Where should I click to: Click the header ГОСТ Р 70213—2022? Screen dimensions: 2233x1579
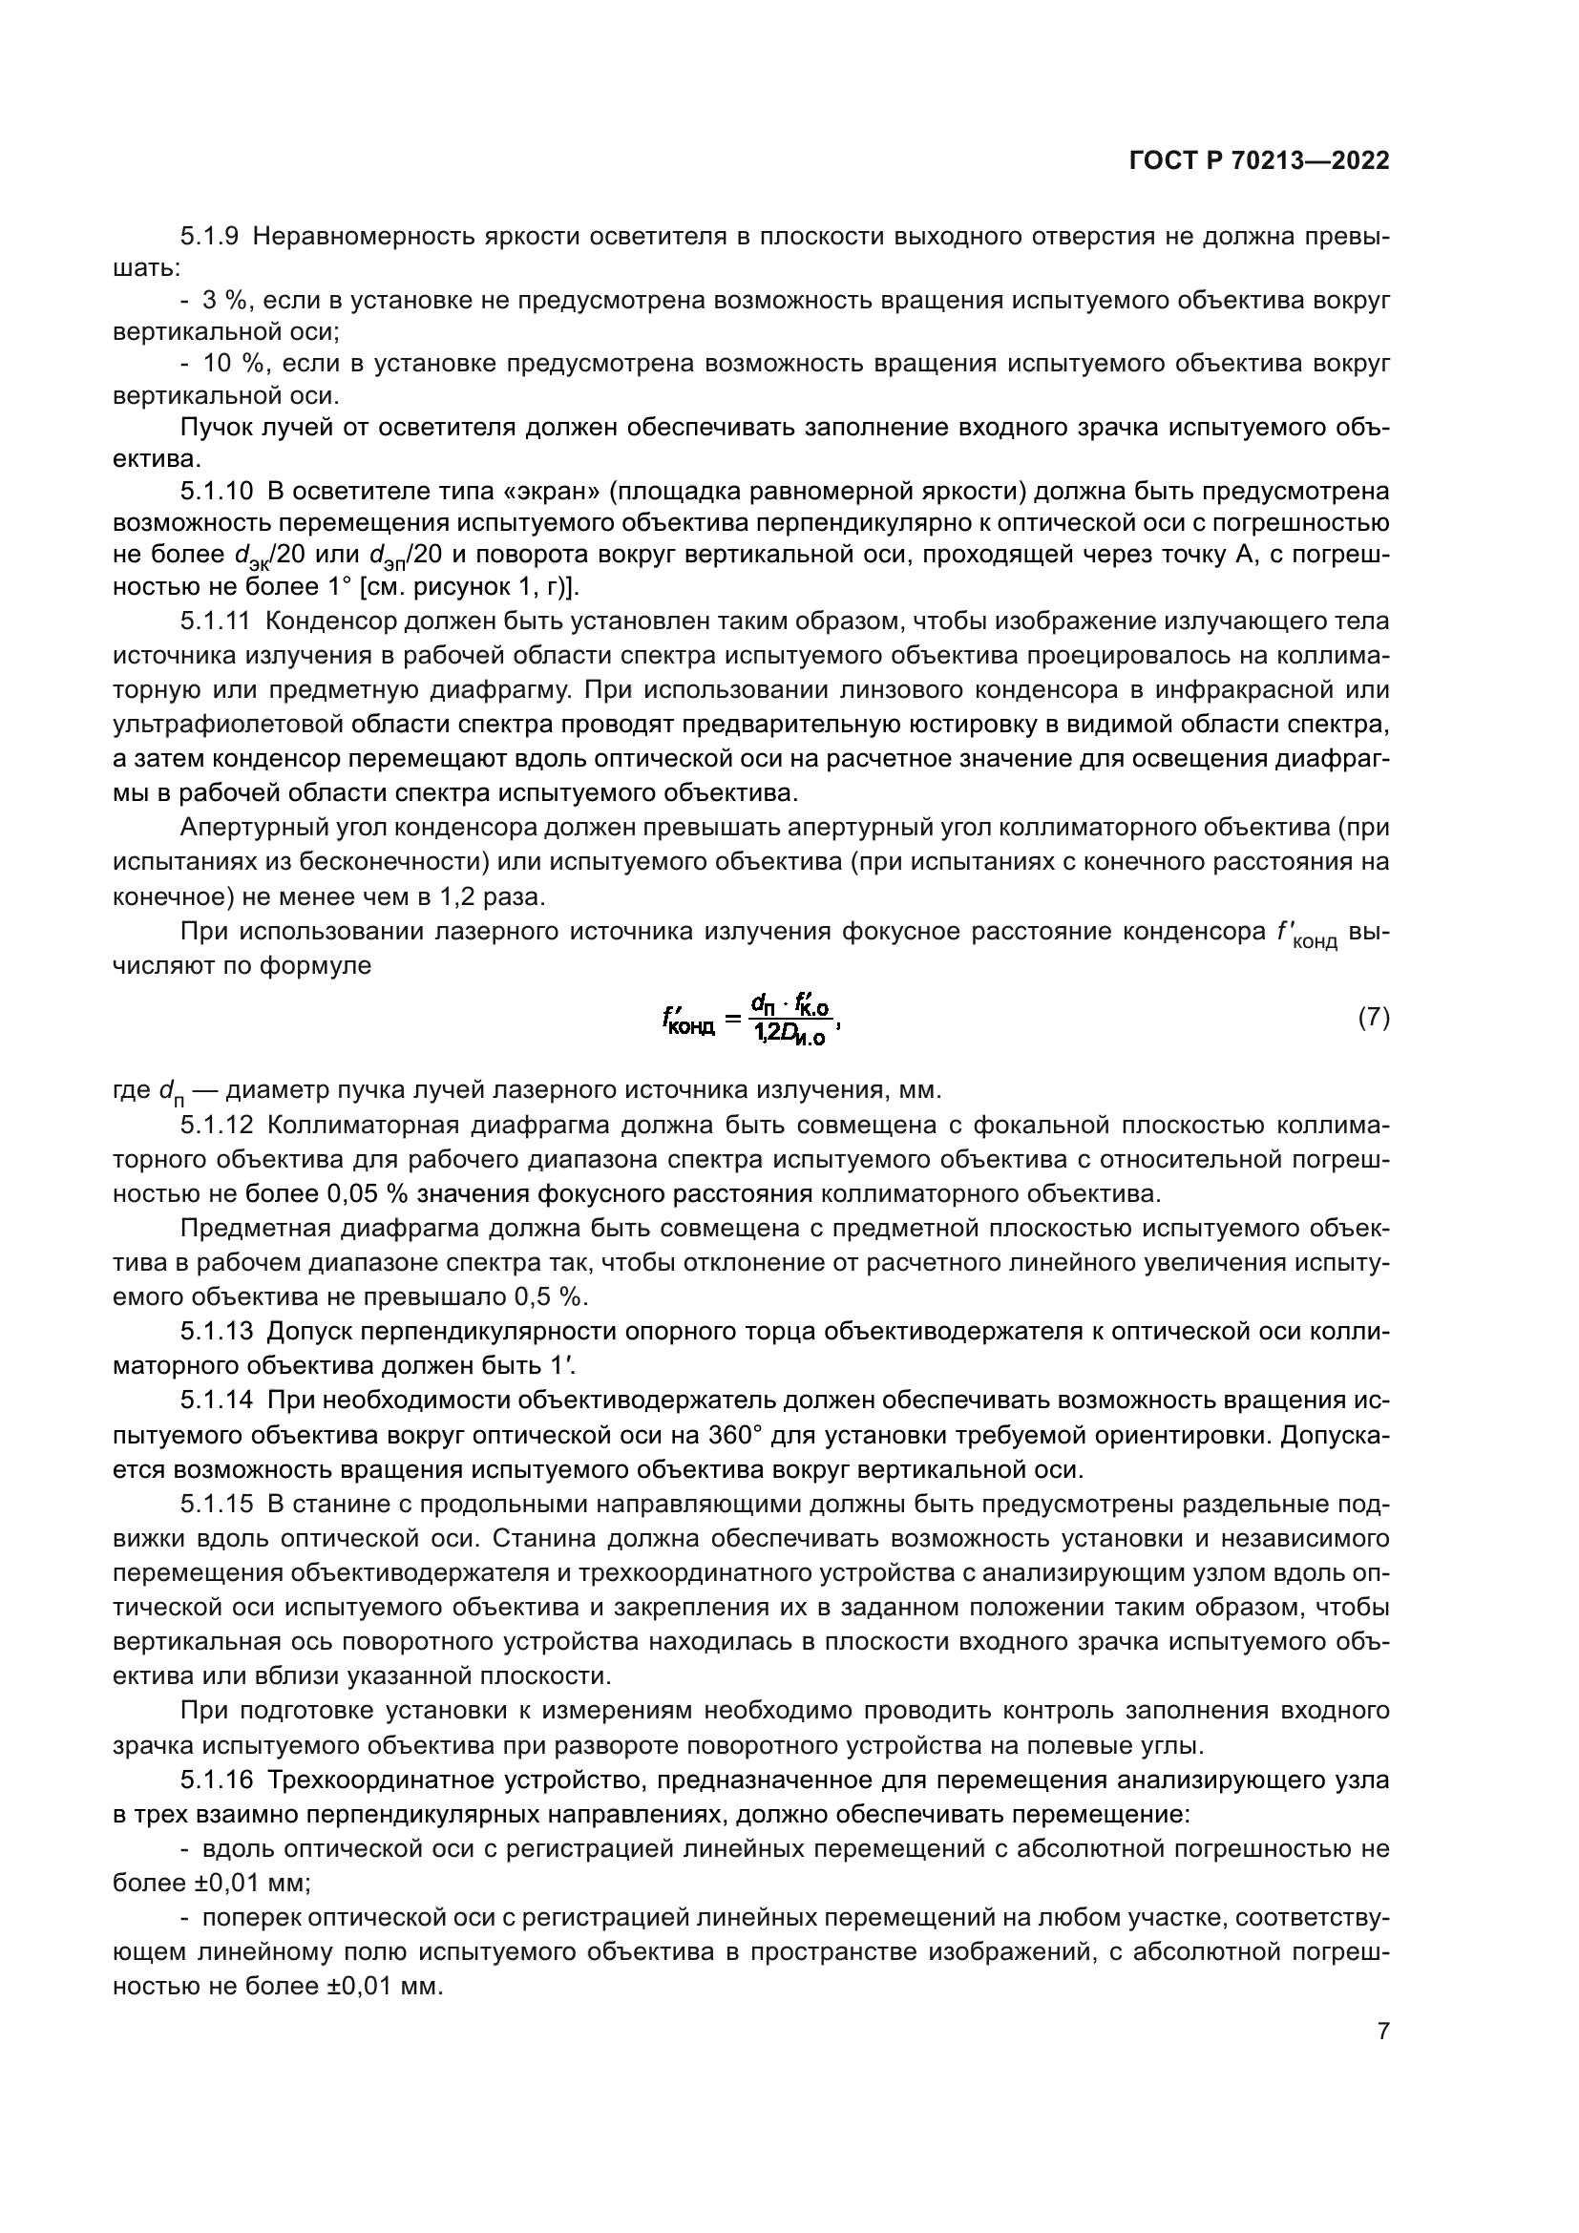click(x=1259, y=161)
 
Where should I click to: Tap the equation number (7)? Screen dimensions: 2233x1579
click(x=1373, y=1019)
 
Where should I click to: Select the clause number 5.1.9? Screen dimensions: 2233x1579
click(x=210, y=238)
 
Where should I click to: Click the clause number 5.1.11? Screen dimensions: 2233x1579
click(x=216, y=621)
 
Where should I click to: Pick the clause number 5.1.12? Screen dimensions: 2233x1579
click(x=216, y=1126)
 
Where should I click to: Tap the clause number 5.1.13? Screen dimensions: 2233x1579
click(x=216, y=1331)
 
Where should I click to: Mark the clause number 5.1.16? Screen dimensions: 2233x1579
click(x=216, y=1780)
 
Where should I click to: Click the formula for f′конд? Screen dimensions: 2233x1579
click(x=747, y=1020)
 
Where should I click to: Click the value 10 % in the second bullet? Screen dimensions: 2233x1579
click(x=233, y=364)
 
